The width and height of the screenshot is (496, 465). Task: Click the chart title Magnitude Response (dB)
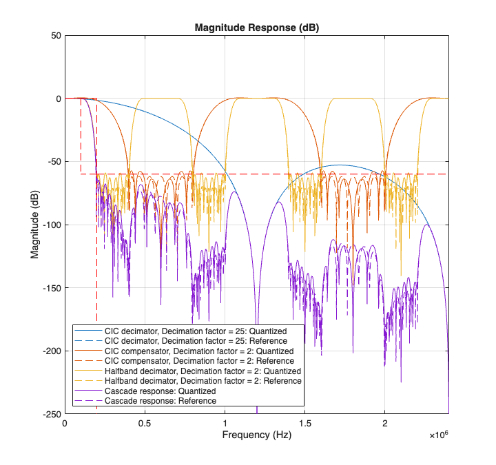click(x=256, y=28)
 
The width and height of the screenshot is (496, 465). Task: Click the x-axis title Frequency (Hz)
click(x=256, y=435)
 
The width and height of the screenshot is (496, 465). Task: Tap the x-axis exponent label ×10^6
click(x=438, y=436)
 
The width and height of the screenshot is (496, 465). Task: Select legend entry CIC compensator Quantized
click(x=200, y=351)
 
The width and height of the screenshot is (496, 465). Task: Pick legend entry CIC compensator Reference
click(x=200, y=361)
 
